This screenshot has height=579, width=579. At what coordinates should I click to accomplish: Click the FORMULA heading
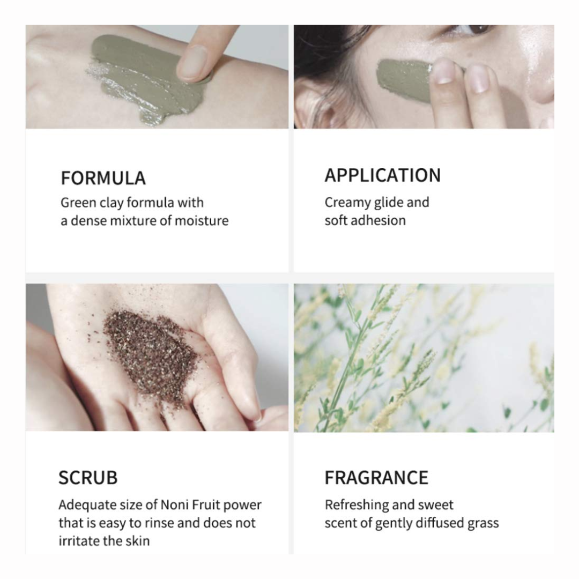[103, 178]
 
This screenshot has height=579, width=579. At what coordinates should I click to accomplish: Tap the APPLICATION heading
[383, 175]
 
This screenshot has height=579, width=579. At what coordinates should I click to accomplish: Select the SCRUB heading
[88, 478]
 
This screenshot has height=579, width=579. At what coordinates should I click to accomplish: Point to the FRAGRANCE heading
[376, 478]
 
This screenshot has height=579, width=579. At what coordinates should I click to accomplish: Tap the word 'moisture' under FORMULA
[201, 221]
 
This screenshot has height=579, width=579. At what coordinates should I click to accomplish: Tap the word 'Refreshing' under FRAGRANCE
[356, 505]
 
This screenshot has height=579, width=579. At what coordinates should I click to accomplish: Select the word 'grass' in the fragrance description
[482, 524]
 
